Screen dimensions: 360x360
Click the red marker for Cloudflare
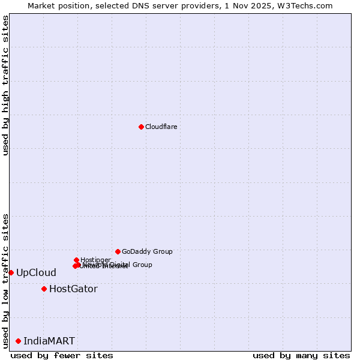141,127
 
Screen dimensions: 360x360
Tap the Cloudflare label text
161,127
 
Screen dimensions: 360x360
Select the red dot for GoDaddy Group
118,251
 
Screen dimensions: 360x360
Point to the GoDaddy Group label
147,251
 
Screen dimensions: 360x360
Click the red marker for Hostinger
76,260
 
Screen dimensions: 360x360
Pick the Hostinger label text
95,260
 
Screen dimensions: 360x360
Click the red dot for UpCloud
11,272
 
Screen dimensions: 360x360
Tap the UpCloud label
36,272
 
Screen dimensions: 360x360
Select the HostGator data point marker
44,289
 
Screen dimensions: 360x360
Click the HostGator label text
73,289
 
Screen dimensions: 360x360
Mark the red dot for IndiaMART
18,341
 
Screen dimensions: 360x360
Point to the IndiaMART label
49,341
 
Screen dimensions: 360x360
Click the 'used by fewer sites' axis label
62,355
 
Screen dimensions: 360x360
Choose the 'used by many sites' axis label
301,355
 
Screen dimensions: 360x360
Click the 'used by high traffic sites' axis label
5,85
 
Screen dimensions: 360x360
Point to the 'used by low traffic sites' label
5,280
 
